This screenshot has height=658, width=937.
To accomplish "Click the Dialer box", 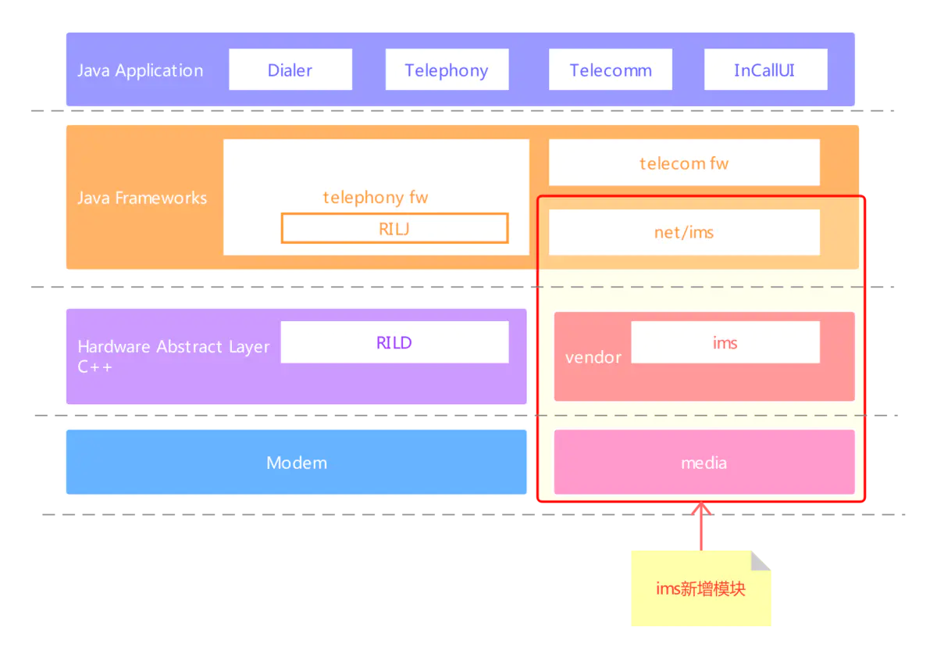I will coord(290,70).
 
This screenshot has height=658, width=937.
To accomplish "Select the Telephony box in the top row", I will coord(447,70).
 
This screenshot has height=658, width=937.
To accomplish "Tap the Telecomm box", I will coord(610,70).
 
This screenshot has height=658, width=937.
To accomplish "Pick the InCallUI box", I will coord(764,70).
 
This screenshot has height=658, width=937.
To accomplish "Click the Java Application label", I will coord(140,70).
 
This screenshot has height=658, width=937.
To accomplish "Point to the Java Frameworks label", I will coord(142,198).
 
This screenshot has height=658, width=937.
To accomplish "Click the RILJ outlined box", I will coord(394,228).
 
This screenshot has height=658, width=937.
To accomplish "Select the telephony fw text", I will coord(376,197).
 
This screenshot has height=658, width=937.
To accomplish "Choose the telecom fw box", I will coord(684,163).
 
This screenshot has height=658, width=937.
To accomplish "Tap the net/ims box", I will coord(684,232).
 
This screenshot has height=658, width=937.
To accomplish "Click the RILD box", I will coord(394,342).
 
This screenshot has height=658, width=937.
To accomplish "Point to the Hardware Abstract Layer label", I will coord(173,346).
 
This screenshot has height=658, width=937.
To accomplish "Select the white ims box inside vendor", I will coord(725,342).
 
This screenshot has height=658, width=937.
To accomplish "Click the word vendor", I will coord(593,357).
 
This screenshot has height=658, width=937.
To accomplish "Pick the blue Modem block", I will coord(296,463).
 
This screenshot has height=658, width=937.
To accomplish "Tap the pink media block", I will coord(704,463).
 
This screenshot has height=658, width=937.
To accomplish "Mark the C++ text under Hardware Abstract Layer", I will coord(94,367).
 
